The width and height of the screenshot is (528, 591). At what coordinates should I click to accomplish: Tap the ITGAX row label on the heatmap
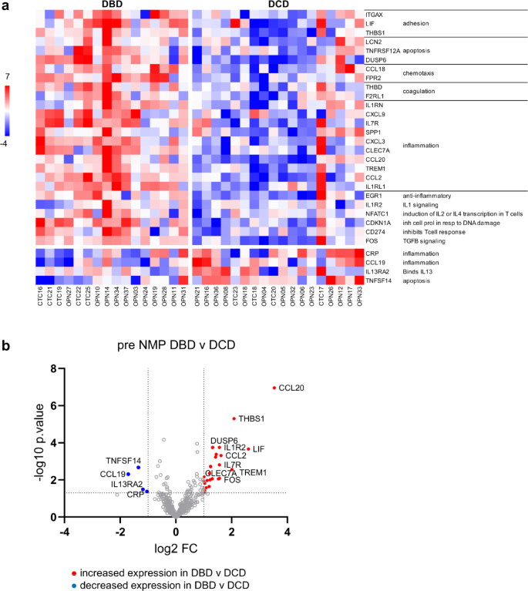click(x=374, y=15)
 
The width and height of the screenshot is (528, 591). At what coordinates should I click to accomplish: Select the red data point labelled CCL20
click(x=274, y=388)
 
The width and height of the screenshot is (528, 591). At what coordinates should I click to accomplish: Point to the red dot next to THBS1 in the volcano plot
click(x=234, y=418)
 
